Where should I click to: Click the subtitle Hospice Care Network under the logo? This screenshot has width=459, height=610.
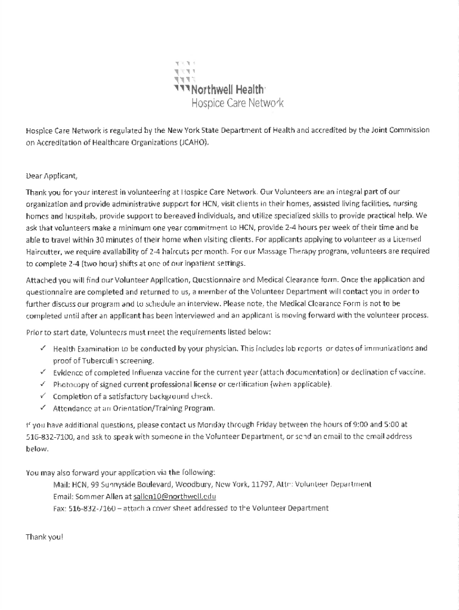[237, 104]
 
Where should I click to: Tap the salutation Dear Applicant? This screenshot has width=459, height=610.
[51, 176]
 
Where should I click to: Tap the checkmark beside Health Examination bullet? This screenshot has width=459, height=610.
[44, 347]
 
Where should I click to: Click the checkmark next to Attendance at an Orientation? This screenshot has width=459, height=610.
[44, 408]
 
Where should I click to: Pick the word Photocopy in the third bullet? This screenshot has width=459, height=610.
[72, 384]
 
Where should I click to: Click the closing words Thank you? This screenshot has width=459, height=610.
[44, 537]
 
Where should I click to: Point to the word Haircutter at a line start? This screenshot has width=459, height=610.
[44, 252]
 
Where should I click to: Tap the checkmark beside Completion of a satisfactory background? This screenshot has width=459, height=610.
[44, 396]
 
